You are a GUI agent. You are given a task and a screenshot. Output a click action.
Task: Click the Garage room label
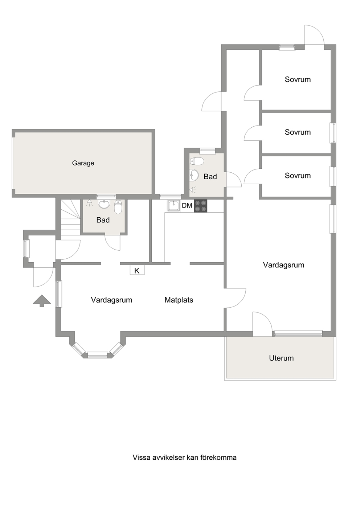[83, 163]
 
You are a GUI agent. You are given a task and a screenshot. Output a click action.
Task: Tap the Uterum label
[281, 358]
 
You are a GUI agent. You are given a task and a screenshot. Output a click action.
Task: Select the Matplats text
[179, 300]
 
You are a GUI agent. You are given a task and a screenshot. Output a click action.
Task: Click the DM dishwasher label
[187, 206]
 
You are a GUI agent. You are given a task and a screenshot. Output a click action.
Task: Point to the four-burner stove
[201, 206]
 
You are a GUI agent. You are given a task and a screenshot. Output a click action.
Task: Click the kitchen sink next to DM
[174, 206]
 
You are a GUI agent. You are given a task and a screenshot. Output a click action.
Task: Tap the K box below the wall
[137, 270]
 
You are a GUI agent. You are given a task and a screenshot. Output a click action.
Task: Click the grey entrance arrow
[42, 301]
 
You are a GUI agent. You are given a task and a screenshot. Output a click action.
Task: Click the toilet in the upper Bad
[197, 161]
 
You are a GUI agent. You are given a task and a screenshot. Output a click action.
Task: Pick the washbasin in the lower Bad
[104, 204]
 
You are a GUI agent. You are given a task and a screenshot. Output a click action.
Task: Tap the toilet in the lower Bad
[118, 207]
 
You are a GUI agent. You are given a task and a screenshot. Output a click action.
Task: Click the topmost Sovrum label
[298, 79]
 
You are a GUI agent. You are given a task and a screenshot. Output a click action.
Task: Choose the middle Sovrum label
[298, 132]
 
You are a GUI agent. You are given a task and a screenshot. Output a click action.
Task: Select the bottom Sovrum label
[298, 176]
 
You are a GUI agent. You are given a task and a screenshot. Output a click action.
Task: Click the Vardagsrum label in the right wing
[284, 265]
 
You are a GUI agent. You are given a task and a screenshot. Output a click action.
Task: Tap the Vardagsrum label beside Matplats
[111, 300]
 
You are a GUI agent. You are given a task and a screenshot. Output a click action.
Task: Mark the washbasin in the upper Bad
[194, 175]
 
